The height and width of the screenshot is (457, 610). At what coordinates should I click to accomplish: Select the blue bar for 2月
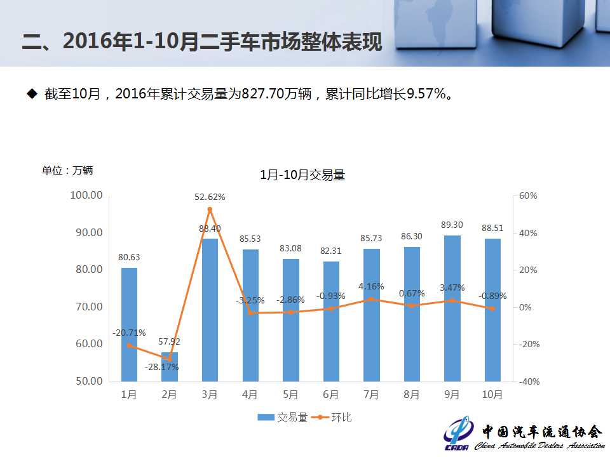tap(170, 367)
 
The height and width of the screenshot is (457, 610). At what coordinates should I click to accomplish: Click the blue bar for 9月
tap(452, 308)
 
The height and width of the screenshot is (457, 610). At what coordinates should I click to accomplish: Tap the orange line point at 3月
tap(210, 209)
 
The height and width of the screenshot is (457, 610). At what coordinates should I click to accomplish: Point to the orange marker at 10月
tap(492, 308)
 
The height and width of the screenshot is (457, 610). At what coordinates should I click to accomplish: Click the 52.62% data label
tap(210, 197)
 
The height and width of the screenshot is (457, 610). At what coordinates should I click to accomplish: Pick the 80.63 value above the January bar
tap(129, 257)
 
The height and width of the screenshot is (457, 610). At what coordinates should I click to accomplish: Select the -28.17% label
tap(161, 367)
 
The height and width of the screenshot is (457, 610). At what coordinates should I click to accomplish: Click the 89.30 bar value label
tap(452, 225)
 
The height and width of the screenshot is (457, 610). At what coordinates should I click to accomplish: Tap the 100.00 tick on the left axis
tap(86, 195)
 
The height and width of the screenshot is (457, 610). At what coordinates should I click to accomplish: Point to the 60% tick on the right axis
tap(528, 196)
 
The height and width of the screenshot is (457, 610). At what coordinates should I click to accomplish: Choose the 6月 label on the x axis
tap(330, 395)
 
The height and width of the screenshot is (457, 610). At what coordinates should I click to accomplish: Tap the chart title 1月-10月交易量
tap(302, 176)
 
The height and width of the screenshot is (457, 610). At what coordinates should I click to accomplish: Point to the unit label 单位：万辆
tap(67, 170)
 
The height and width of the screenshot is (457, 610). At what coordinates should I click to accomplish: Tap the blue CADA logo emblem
tap(457, 434)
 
